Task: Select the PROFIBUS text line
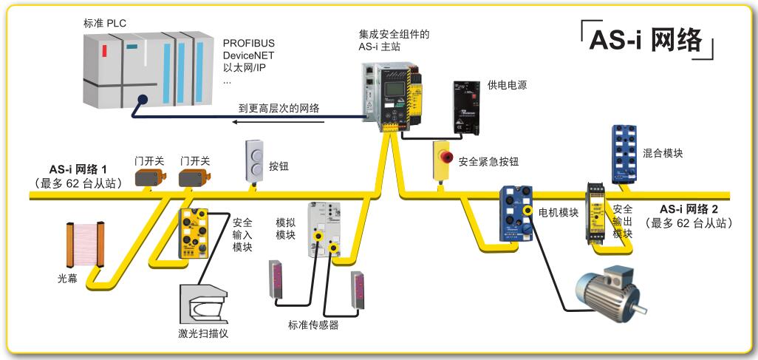tap(249, 42)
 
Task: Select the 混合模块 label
tap(663, 153)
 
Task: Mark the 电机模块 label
tap(558, 213)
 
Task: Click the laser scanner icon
tap(203, 303)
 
